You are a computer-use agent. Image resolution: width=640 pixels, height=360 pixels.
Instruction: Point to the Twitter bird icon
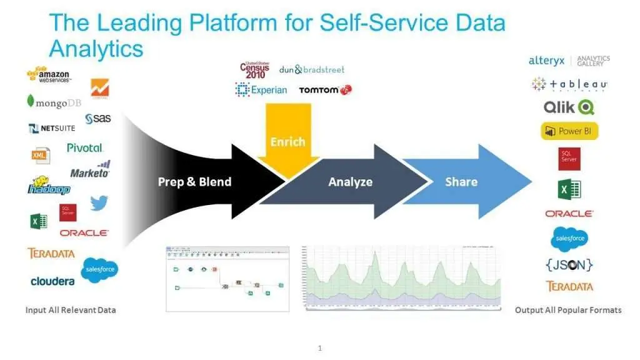pyautogui.click(x=99, y=203)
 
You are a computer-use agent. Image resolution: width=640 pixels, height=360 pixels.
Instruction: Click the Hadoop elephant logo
pyautogui.click(x=48, y=186)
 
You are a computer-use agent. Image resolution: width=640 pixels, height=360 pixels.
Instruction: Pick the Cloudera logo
pyautogui.click(x=52, y=281)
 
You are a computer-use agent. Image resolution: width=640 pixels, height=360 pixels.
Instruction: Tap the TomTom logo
pyautogui.click(x=325, y=90)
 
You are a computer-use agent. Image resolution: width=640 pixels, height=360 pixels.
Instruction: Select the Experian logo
pyautogui.click(x=261, y=90)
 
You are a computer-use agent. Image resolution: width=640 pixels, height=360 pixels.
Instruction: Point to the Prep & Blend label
pyautogui.click(x=194, y=182)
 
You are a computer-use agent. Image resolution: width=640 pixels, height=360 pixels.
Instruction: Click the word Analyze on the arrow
pyautogui.click(x=350, y=182)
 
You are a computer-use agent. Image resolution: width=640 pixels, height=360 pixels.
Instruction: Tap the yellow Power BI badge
pyautogui.click(x=569, y=131)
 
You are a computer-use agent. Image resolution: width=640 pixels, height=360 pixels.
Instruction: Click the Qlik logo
pyautogui.click(x=568, y=107)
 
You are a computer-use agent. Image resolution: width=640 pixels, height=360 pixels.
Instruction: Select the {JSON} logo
pyautogui.click(x=569, y=264)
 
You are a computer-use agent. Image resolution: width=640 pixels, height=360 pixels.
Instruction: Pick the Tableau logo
pyautogui.click(x=569, y=84)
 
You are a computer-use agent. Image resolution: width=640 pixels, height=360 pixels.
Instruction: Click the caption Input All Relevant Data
pyautogui.click(x=71, y=310)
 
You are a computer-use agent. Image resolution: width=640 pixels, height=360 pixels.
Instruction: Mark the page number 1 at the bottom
pyautogui.click(x=320, y=348)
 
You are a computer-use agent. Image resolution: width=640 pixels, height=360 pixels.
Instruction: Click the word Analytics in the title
pyautogui.click(x=96, y=47)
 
